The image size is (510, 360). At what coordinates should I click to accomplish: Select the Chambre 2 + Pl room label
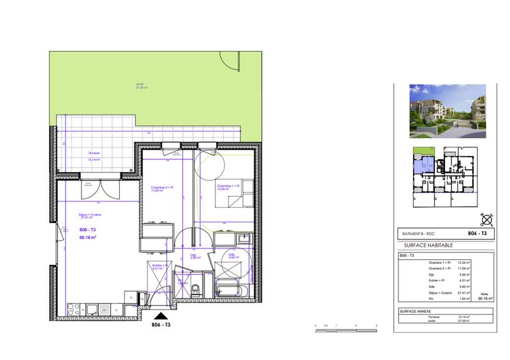click(x=162, y=188)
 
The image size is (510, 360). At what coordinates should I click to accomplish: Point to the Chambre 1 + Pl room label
click(x=228, y=187)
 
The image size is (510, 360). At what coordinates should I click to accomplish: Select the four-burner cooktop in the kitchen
click(x=73, y=310)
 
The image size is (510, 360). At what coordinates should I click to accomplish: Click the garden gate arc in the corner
click(x=229, y=61)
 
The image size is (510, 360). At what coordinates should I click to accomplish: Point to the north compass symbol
click(x=486, y=220)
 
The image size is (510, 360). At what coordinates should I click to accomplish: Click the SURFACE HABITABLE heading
click(x=429, y=245)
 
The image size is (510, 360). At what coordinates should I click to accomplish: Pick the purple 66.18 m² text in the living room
click(x=88, y=238)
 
